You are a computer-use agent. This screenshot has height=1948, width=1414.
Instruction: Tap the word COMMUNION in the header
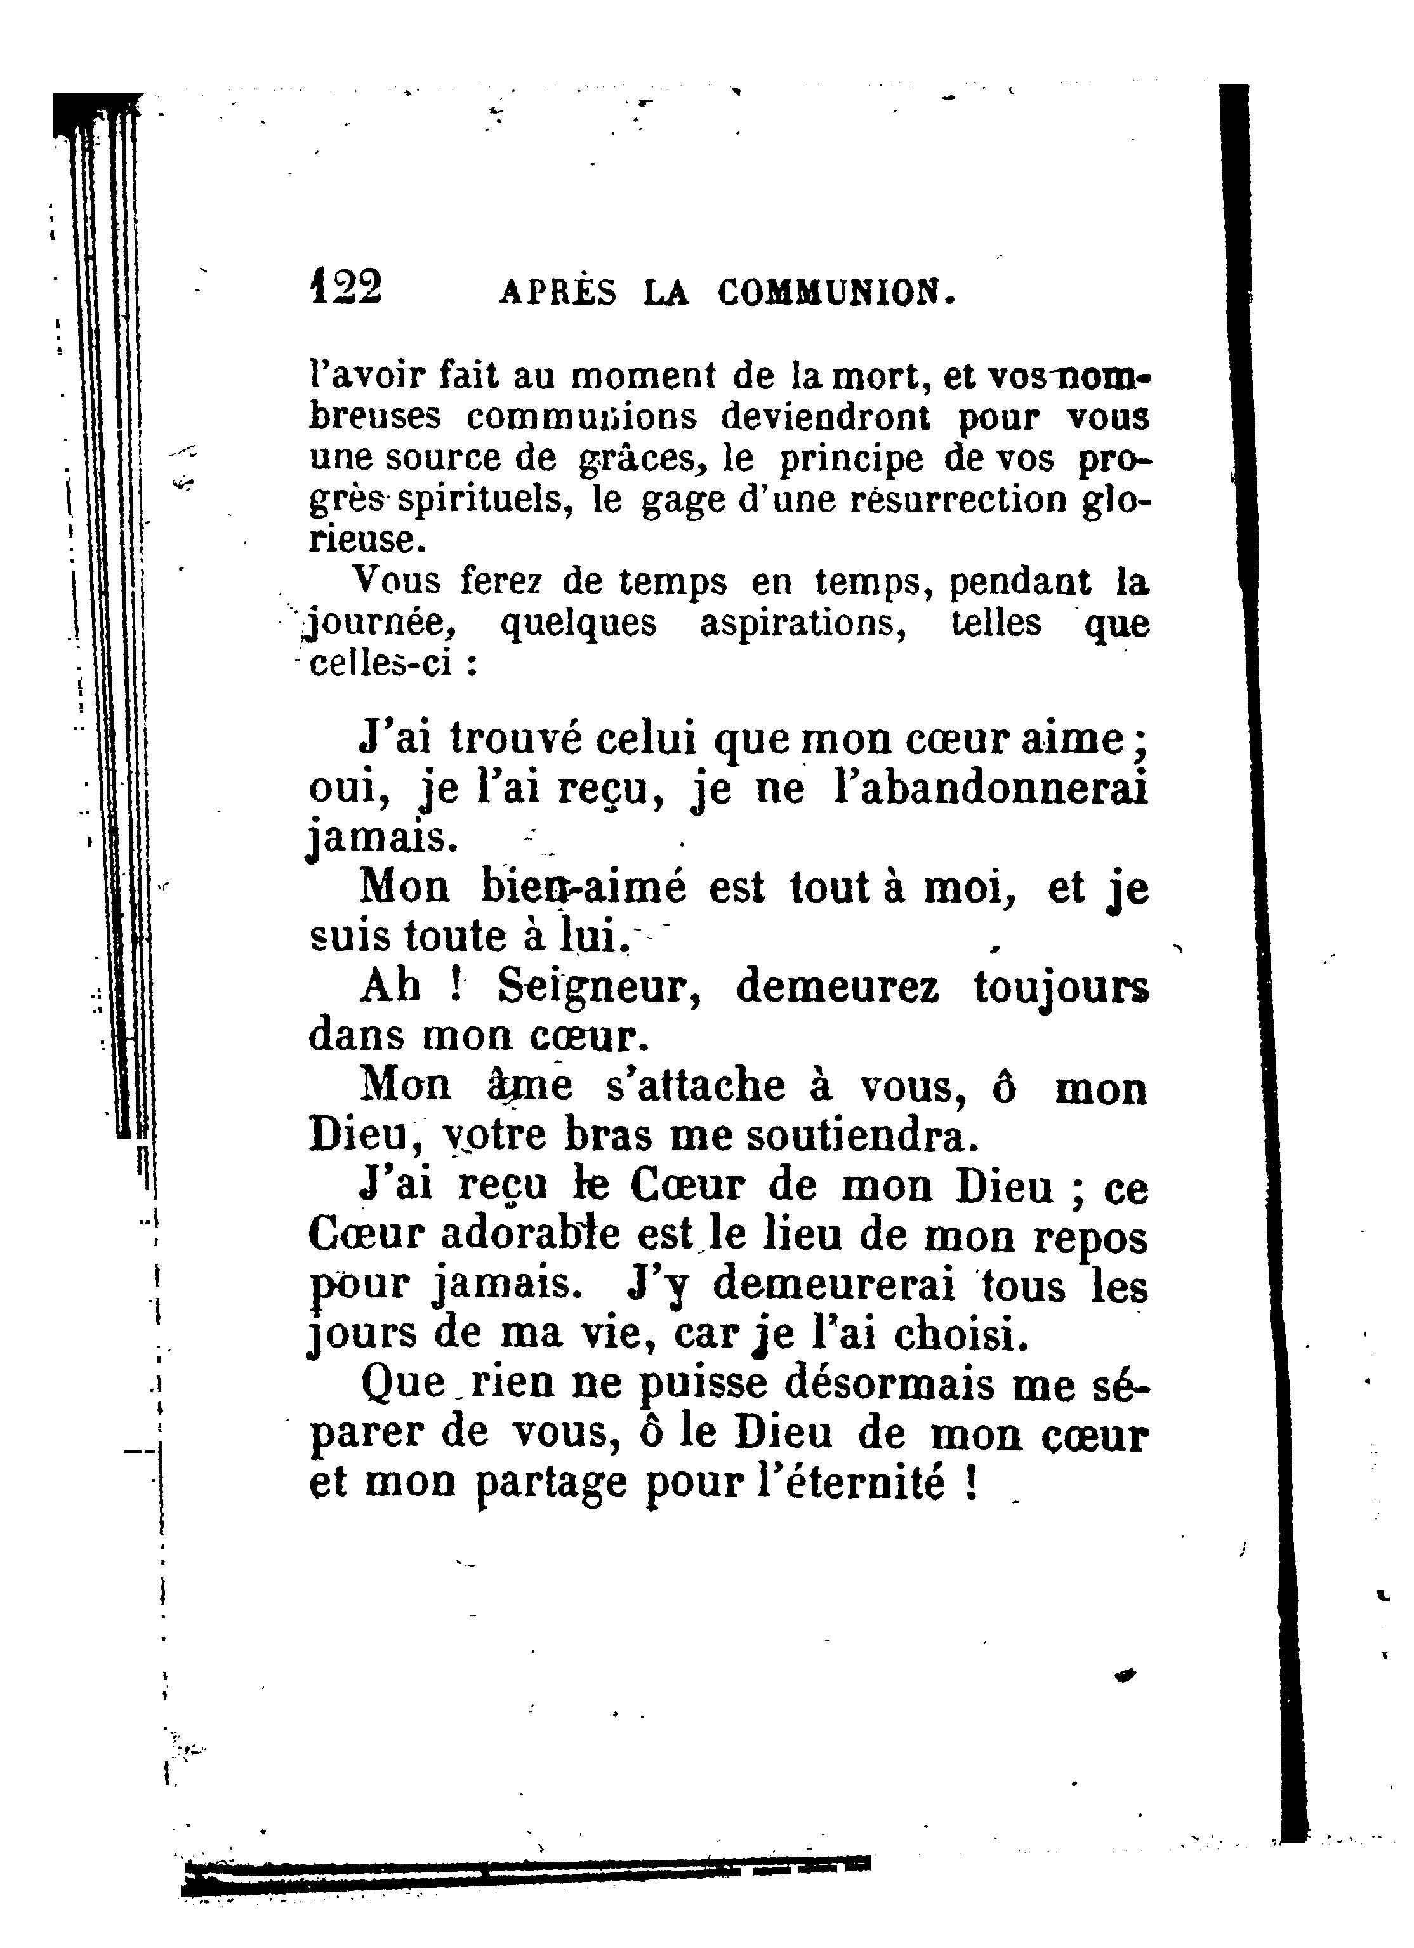tap(836, 294)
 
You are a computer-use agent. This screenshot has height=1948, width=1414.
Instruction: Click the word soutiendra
tap(862, 1136)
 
